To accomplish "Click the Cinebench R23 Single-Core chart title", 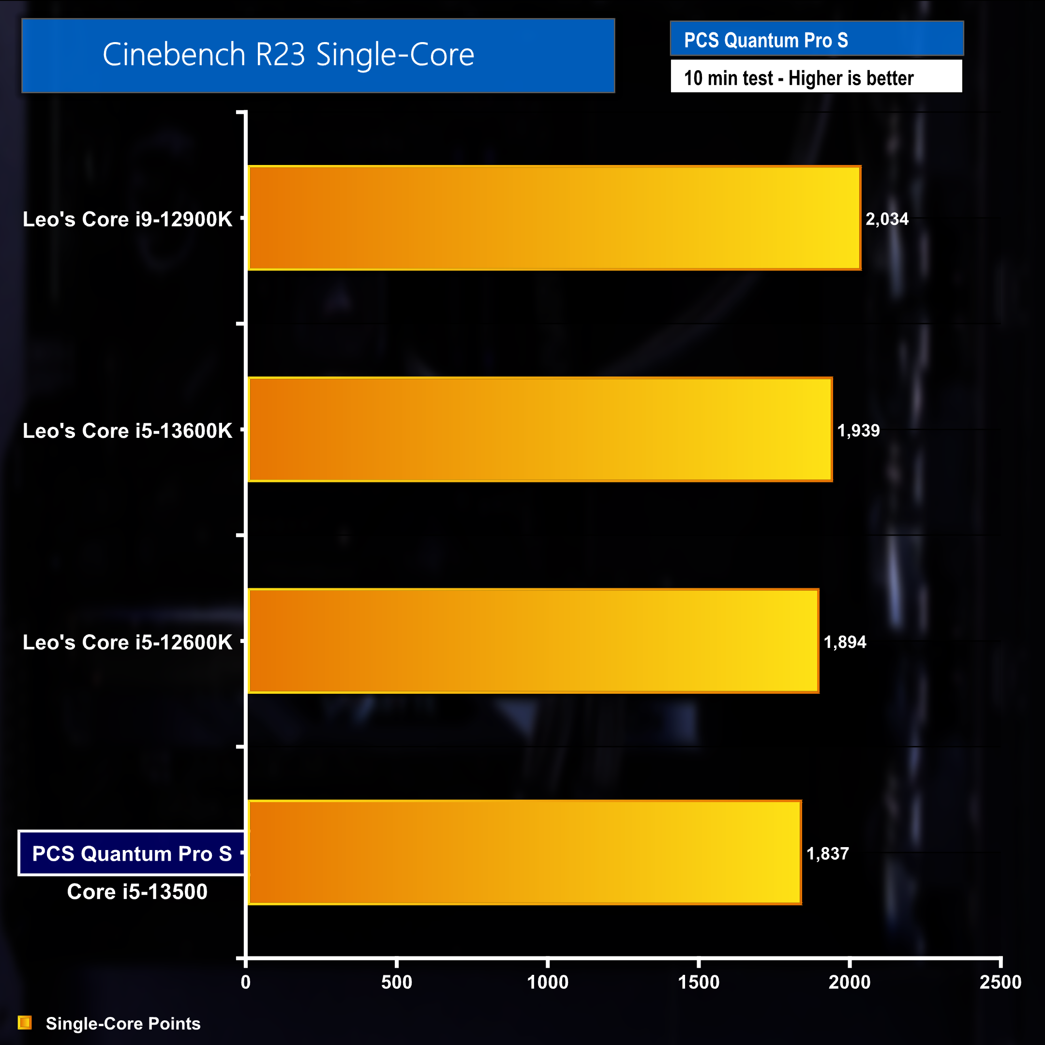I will click(288, 55).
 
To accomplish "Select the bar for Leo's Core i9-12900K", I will click(554, 218).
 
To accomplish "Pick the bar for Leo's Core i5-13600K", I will click(540, 430).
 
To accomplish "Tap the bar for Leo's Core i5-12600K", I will click(533, 641).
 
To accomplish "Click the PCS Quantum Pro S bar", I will click(524, 852).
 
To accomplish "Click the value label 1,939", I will click(858, 431).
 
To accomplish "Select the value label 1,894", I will click(845, 642).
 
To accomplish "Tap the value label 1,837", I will click(828, 853).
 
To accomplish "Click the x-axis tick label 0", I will click(246, 982).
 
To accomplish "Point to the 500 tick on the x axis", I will click(397, 982).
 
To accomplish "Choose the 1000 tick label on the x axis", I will click(547, 982).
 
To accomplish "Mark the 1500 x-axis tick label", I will click(698, 982).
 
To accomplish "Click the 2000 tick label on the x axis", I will click(849, 982).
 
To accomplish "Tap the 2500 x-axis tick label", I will click(1000, 982).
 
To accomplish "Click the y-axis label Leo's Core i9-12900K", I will click(127, 219).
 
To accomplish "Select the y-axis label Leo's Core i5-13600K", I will click(127, 431).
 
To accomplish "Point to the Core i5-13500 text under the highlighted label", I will click(137, 891).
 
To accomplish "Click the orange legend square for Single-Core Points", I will click(25, 1023).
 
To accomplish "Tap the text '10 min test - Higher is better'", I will click(798, 78).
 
